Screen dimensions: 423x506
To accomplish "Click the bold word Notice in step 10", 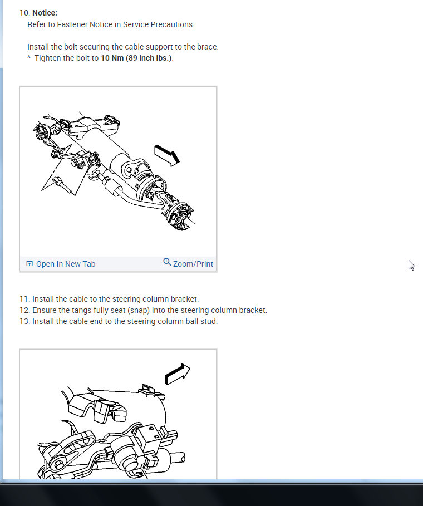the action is click(45, 13).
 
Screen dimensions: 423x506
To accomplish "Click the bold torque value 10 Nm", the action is click(112, 58).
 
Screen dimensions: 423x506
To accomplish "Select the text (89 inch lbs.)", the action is click(149, 58).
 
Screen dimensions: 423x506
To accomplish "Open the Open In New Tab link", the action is click(66, 264).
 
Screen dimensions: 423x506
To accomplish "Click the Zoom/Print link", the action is click(193, 264).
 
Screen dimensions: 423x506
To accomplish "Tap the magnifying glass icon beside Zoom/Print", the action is click(167, 262).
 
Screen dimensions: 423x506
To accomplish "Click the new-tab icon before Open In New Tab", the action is click(29, 264).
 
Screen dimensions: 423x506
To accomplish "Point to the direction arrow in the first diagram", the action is click(167, 155).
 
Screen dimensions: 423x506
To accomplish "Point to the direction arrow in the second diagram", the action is click(177, 374).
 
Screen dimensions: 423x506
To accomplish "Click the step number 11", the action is click(24, 299).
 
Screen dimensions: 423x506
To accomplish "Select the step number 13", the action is click(24, 321).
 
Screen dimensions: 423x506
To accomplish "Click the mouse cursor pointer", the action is click(411, 266).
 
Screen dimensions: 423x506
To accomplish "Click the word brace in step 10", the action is click(207, 47).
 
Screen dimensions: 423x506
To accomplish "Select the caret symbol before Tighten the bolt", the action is click(29, 57).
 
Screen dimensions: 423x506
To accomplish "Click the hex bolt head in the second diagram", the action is click(59, 465).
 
